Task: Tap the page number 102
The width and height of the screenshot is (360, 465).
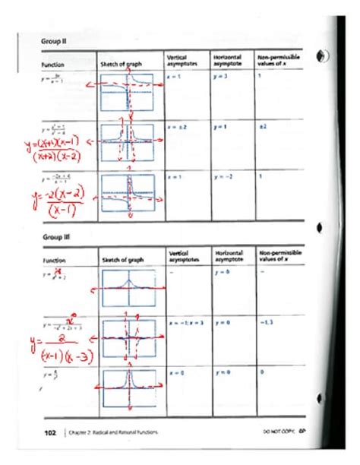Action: click(50, 431)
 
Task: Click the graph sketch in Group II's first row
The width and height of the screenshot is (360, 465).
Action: click(130, 90)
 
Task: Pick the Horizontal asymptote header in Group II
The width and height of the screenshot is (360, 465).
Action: click(227, 61)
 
